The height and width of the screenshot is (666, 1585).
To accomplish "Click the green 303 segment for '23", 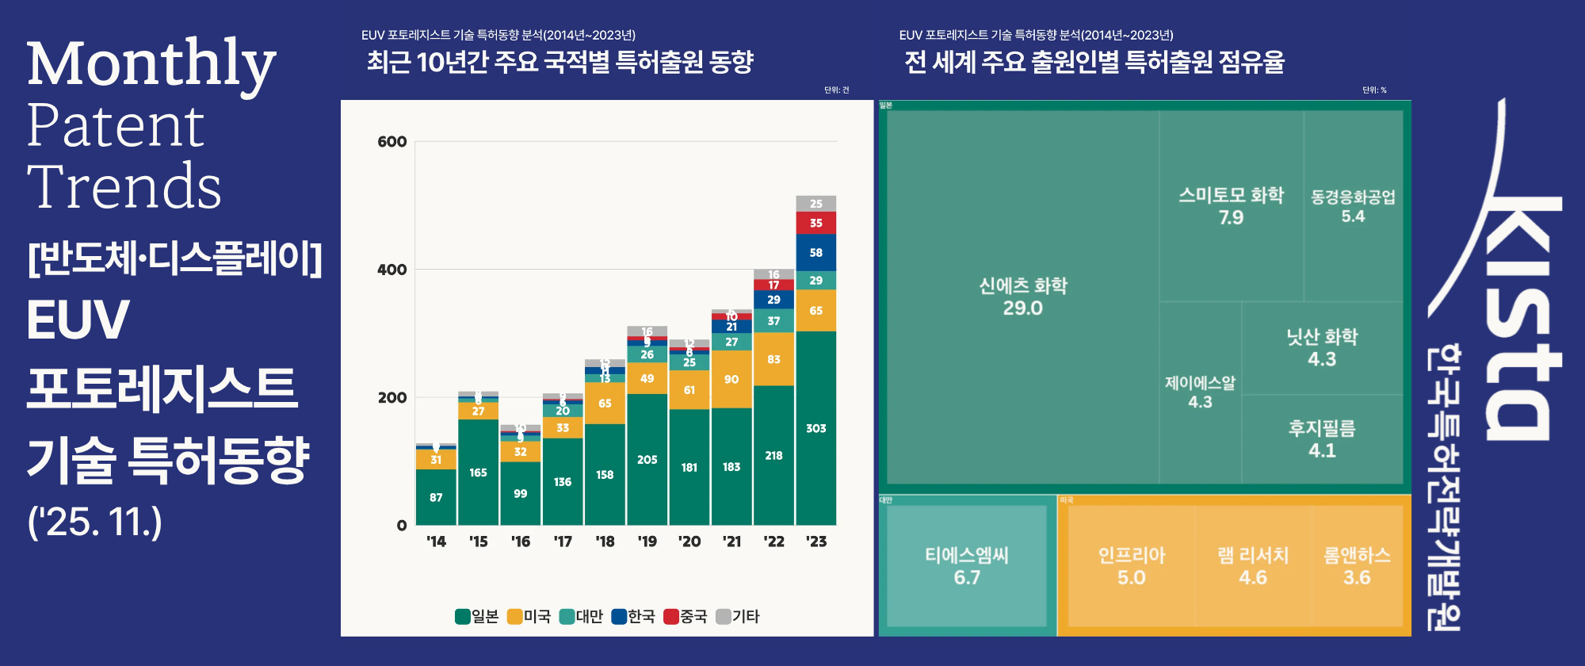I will pos(815,428).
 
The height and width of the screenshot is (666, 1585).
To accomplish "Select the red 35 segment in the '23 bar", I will pos(815,223).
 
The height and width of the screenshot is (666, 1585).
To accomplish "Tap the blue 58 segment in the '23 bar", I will pos(815,252).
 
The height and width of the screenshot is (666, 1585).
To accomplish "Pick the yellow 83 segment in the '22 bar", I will pos(773,359).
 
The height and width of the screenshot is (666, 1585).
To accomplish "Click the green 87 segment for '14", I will pos(436,497).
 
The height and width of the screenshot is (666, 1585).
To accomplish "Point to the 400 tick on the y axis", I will pos(391,270).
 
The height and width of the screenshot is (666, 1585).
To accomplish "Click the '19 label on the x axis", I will pos(647,542).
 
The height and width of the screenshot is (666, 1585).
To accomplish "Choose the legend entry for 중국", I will pos(686,616).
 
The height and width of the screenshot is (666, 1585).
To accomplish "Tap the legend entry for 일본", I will pos(477,616).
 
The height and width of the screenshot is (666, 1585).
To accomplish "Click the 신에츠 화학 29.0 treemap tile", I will pos(1022,297).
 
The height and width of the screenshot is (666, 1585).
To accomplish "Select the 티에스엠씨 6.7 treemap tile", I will pos(966,565).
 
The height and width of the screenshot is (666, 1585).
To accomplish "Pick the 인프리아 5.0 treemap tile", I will pos(1131,565).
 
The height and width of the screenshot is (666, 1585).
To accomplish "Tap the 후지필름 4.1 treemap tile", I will pos(1321,438).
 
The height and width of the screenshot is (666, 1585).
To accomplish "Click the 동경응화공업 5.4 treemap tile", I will pos(1353,206).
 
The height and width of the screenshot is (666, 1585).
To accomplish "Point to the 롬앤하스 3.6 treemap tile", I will pos(1357,565).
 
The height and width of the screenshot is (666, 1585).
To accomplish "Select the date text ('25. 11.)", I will pos(94,522).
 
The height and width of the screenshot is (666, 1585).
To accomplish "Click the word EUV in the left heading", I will pos(78,320).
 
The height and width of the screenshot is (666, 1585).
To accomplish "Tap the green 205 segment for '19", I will pos(647,459).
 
